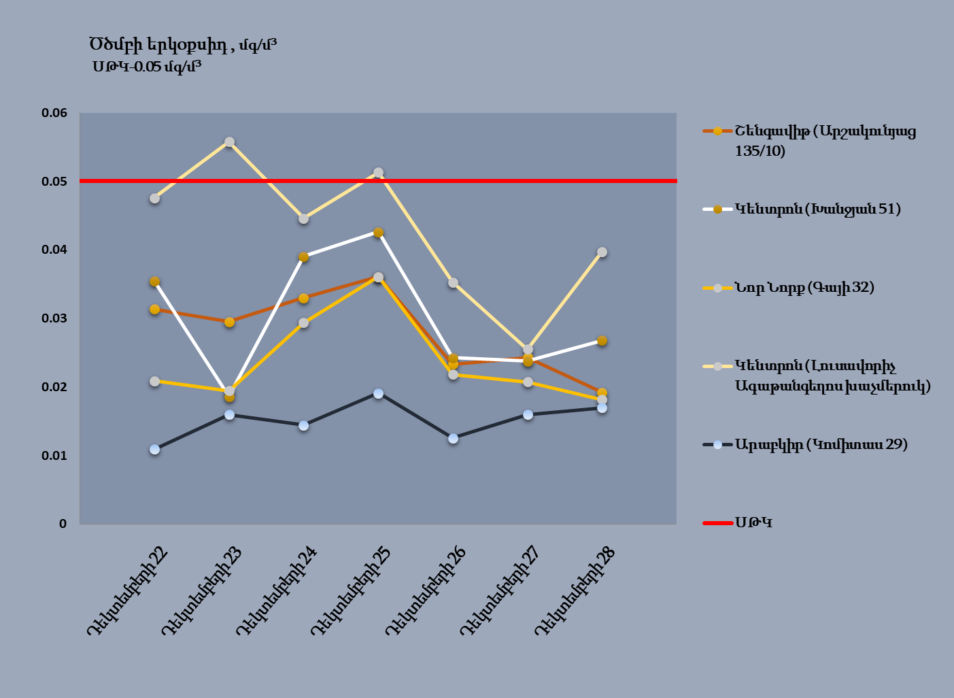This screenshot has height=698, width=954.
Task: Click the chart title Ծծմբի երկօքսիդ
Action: click(182, 45)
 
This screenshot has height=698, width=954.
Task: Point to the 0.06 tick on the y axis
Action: click(54, 113)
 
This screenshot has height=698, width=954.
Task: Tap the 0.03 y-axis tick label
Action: click(54, 318)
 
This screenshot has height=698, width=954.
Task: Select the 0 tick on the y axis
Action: click(63, 524)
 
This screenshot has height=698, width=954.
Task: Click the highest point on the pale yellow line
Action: click(229, 142)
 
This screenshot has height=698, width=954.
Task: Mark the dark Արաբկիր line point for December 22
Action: click(154, 449)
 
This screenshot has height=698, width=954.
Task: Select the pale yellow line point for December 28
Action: click(602, 252)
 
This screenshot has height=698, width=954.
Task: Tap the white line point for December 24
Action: click(303, 257)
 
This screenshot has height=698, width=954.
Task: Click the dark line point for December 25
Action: click(378, 393)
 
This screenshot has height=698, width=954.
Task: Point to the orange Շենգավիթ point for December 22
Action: click(154, 309)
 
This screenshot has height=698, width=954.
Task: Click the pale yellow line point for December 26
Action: click(453, 282)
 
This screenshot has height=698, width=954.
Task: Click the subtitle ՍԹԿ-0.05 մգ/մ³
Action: click(147, 67)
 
